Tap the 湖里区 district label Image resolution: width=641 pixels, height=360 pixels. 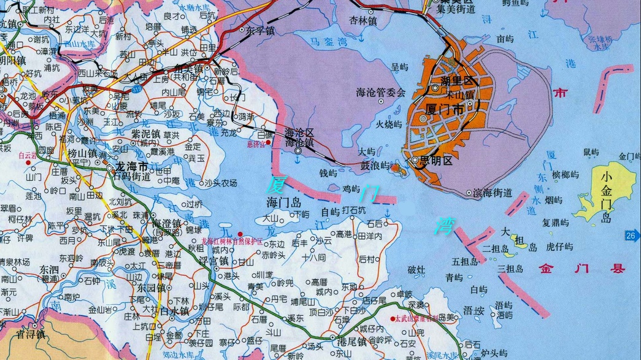456,80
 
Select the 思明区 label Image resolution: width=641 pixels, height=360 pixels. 439,161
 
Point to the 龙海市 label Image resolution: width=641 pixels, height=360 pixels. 131,166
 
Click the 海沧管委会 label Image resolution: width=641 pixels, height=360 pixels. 381,93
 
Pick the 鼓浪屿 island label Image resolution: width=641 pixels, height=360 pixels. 375,165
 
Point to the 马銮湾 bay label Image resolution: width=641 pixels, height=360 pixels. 328,42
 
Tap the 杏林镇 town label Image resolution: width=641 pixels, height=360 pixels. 363,20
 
